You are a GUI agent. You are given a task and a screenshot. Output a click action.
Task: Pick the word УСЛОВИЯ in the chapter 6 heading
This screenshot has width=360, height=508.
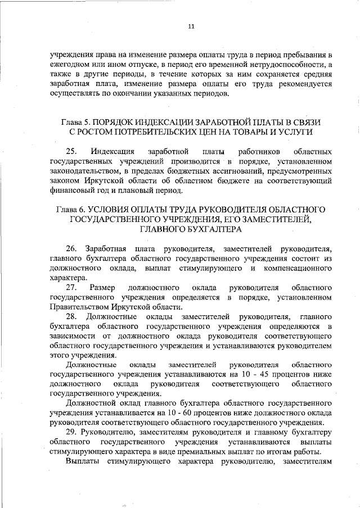(116, 209)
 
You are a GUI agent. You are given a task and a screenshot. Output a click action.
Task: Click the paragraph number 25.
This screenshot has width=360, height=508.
(71, 152)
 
